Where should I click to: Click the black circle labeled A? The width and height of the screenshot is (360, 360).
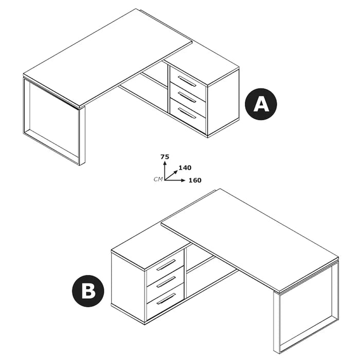261,104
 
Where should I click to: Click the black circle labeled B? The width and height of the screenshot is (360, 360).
88,291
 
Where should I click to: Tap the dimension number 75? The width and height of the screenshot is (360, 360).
165,157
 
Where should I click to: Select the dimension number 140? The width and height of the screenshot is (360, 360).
185,168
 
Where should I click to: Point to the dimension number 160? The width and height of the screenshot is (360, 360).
195,180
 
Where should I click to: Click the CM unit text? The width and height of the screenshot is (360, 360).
158,179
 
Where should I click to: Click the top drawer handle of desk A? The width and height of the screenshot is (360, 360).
187,81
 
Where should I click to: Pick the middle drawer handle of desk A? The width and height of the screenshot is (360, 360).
187,97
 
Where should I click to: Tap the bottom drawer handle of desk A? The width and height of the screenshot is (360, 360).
187,113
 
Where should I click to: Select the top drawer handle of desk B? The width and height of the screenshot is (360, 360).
166,265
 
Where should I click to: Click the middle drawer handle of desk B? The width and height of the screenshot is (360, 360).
166,282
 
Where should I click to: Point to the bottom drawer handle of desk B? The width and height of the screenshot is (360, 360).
166,299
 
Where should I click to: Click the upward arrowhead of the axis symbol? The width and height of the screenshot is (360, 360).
165,163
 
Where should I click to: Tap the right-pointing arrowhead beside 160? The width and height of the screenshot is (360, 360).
183,180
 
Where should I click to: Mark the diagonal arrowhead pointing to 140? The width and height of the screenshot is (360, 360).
176,172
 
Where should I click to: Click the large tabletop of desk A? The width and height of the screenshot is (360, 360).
107,58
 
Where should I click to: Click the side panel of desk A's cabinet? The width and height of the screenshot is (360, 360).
223,102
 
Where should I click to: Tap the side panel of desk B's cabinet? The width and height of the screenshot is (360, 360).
129,286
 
